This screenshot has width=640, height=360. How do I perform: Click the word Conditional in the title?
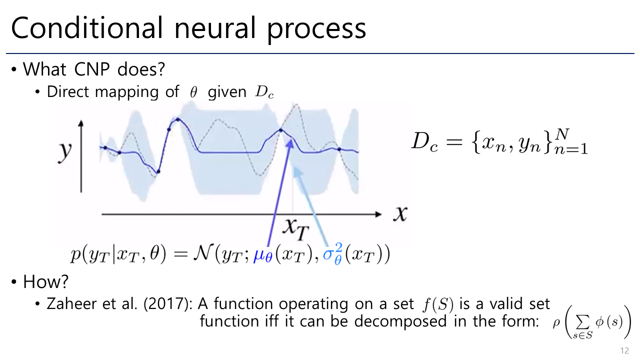87,27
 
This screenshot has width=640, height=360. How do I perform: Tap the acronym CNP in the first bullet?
91,69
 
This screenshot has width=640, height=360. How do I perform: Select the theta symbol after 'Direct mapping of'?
193,92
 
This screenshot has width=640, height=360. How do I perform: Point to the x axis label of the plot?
400,213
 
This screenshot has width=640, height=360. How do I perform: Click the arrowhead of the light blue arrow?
297,171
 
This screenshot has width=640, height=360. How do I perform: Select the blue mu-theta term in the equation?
263,255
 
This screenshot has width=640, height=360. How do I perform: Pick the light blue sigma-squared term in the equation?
333,253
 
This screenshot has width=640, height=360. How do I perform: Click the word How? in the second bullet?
45,281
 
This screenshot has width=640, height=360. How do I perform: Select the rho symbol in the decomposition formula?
556,323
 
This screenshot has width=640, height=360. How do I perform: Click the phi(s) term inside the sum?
609,322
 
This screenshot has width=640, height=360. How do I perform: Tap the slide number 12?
624,350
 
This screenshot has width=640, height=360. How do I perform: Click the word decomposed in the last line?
400,321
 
